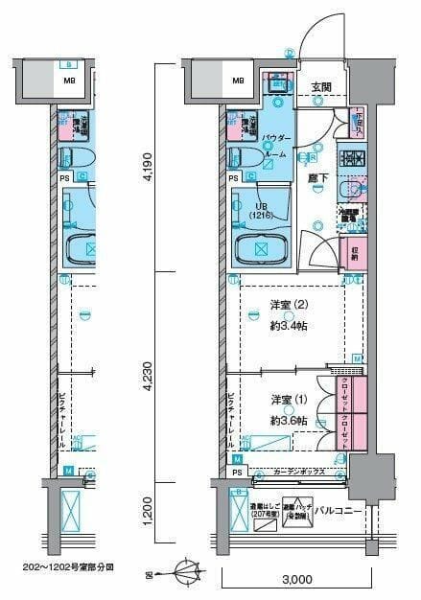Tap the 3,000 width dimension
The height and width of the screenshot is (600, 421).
[296, 579]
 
